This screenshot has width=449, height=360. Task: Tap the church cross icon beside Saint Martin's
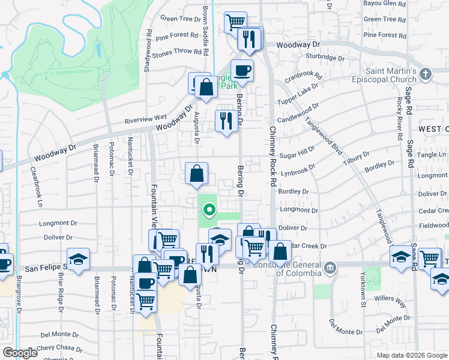click(426, 74)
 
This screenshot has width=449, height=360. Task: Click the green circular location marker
click(209, 210)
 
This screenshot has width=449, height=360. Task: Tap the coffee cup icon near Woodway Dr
click(242, 71)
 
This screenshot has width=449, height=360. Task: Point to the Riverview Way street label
click(145, 118)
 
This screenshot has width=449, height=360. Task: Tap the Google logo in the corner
click(20, 353)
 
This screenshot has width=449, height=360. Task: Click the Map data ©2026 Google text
click(411, 355)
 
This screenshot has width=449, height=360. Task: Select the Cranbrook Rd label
click(303, 77)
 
